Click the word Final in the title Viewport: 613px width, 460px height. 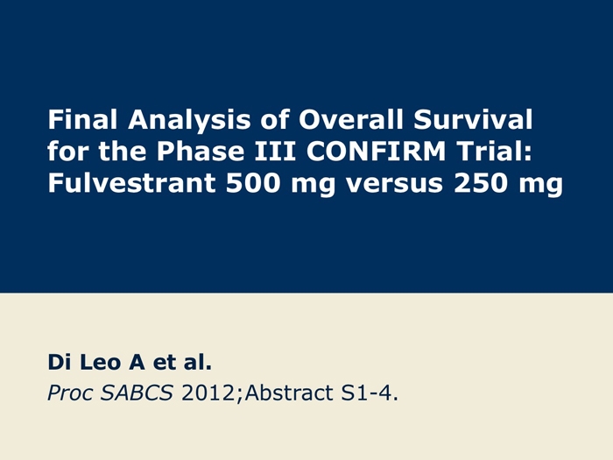coord(82,119)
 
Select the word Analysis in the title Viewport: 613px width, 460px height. coord(189,121)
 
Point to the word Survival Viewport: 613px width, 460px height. coord(473,119)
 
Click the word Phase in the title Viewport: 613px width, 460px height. coord(201,151)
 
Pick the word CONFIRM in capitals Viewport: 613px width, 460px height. coord(376,151)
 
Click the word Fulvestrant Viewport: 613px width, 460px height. coord(131,182)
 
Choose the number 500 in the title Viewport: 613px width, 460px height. coord(253,182)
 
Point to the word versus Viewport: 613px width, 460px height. coord(394,184)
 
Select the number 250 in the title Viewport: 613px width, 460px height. coord(481,182)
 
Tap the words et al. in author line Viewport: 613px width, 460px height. coord(182,362)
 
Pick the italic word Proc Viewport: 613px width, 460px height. coord(70,393)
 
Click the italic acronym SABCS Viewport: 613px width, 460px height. coord(137,393)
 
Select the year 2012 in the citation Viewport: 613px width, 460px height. coord(208,393)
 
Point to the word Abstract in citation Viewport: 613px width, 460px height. coord(289,393)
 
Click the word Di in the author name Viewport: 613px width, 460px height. coord(60,362)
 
